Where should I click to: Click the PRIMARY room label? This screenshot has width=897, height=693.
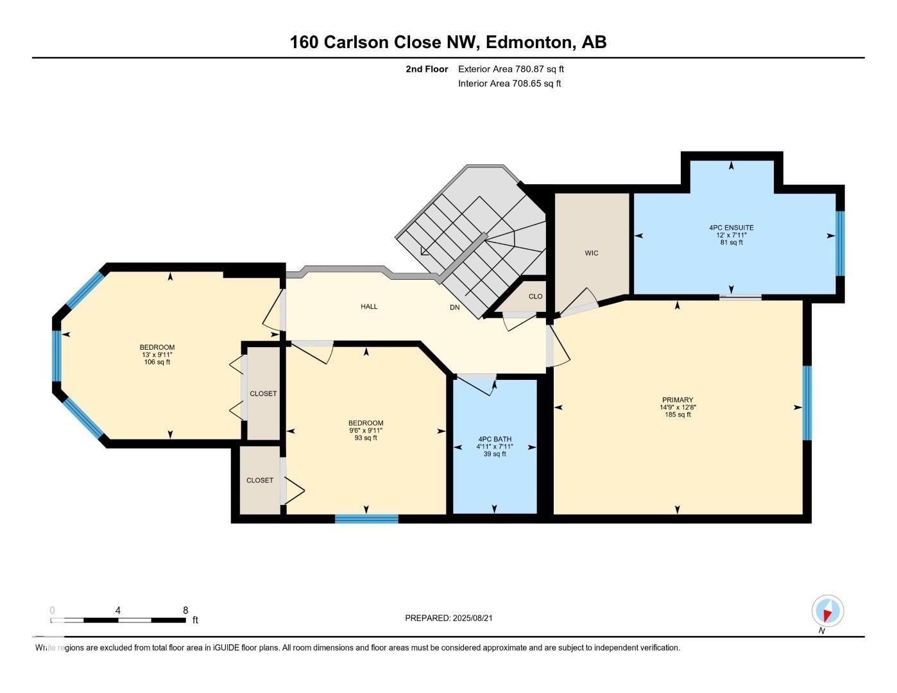tap(678, 400)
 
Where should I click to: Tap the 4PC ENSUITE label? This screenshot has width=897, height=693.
tap(731, 227)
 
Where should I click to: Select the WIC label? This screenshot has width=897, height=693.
tap(591, 253)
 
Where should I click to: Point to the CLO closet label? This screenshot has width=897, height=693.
tap(535, 296)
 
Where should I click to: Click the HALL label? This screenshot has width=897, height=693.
tap(369, 306)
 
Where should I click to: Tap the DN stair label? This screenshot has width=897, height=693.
tap(454, 307)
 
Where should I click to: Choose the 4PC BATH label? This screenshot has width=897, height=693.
tap(495, 439)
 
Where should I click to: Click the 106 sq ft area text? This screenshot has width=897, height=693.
tap(157, 362)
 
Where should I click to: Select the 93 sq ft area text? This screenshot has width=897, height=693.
tap(366, 438)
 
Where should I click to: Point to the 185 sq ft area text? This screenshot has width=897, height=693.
tap(678, 415)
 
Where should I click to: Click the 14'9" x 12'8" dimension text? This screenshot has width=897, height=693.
tap(678, 407)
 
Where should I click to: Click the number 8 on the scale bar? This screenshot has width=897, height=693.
tap(185, 610)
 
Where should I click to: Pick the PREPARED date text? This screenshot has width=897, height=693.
tap(448, 618)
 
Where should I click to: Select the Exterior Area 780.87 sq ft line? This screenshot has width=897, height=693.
tap(511, 69)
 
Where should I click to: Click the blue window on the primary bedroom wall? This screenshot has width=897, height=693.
tap(807, 403)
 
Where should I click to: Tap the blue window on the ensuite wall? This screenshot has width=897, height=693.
tap(840, 243)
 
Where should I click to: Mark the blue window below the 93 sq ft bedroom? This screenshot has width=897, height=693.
tap(366, 519)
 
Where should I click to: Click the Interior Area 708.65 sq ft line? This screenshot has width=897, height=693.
tap(509, 83)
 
